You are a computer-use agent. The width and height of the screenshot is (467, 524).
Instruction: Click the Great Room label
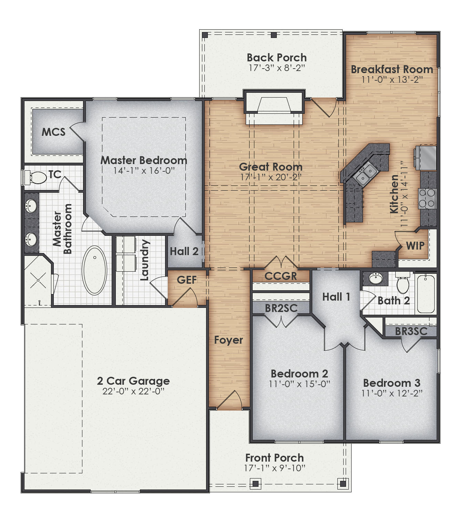pos(271,167)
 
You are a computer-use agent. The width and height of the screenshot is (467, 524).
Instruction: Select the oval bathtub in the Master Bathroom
pos(94,270)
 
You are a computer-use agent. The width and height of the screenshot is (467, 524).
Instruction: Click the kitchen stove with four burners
pos(427,199)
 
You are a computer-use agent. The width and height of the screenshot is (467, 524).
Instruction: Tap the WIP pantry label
pos(415,246)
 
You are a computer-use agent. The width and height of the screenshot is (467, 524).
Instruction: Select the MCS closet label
pos(53,132)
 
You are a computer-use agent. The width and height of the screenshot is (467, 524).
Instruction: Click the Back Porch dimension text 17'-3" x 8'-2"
pos(277,68)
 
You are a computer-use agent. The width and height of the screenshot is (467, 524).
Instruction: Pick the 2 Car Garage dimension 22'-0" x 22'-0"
pos(133,391)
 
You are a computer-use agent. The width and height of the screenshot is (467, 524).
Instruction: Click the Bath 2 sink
pos(375,278)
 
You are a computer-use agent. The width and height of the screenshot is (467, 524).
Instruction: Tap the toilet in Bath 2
pos(403,283)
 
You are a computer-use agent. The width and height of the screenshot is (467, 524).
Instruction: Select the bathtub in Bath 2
pos(426,293)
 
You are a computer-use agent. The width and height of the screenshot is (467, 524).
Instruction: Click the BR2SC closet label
pos(281,308)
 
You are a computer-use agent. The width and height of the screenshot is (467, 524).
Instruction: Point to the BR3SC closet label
pos(411,331)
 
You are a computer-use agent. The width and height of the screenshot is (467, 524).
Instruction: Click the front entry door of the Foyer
pos(229,400)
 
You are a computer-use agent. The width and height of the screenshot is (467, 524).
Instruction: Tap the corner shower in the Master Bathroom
pos(37,280)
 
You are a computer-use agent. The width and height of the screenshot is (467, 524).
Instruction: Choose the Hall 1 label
pos(336,297)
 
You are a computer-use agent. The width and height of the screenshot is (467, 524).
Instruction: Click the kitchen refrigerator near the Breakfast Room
pos(426,158)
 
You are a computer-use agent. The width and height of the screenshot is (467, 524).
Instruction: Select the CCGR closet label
pos(281,276)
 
